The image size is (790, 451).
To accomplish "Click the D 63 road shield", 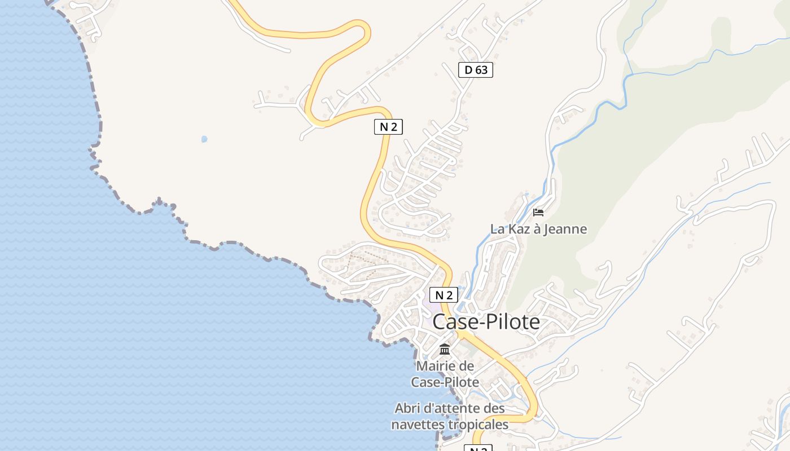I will pos(475,70).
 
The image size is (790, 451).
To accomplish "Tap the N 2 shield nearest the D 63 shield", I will pos(388,126).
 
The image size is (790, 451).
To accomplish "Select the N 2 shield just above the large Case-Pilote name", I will pos(444,295).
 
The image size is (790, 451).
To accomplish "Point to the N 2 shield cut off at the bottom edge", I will pos(478,448).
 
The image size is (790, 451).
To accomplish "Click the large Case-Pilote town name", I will pos(486,322).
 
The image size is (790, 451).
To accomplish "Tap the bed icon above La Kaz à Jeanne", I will pos(538,213).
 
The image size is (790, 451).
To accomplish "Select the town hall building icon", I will pos(445,350).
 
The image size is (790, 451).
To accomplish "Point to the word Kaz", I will pos(520,229).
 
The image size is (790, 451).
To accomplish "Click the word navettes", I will pos(418,424).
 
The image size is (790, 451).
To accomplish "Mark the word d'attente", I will pos(453,408).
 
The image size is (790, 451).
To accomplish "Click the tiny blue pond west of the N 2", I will pos(204,139).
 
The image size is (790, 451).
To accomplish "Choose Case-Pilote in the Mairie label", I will pos(445,382).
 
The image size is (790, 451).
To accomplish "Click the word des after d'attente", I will pos(495,408).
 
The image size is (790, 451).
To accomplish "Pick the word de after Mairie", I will pos(467,366).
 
